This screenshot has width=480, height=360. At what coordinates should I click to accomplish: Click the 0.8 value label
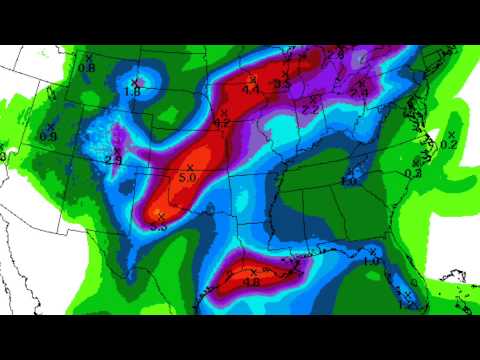tap(87, 68)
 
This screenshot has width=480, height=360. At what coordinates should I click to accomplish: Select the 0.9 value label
tap(48, 136)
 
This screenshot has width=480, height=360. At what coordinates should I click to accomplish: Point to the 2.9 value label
tap(113, 159)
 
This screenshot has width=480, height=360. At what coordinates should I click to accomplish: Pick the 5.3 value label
tap(158, 228)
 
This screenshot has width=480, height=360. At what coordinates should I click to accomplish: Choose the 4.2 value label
tap(221, 122)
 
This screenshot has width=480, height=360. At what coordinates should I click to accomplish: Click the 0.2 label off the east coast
tap(448, 145)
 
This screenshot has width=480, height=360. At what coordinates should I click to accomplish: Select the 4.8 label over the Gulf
tap(252, 282)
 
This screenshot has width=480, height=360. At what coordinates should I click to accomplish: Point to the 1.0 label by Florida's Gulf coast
tap(370, 262)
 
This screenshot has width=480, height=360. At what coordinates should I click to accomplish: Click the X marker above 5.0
tap(190, 167)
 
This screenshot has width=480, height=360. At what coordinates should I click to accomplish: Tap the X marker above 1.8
tap(135, 81)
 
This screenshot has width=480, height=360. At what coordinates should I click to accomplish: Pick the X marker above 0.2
tap(451, 134)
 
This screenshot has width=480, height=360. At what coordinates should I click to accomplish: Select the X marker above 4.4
tap(253, 77)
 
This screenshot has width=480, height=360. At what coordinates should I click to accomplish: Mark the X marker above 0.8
tap(89, 57)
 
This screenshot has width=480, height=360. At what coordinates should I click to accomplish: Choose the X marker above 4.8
tap(254, 272)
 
